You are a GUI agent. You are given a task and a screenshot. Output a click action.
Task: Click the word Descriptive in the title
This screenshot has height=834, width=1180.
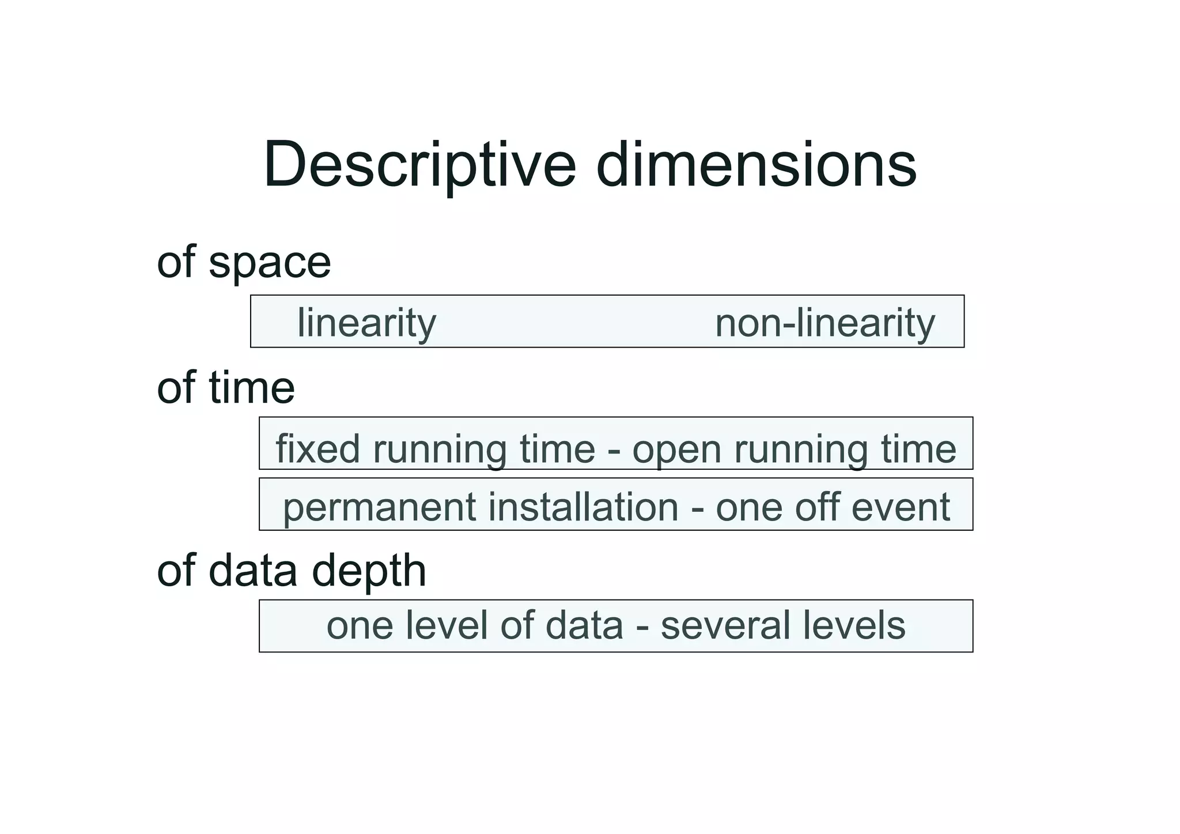click(x=420, y=165)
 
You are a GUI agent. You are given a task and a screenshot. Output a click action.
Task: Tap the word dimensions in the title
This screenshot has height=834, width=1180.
click(x=756, y=165)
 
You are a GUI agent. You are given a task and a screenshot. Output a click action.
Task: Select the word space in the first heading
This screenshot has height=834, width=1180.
click(x=270, y=263)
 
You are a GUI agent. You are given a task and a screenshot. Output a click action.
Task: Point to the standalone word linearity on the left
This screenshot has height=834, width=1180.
click(x=366, y=323)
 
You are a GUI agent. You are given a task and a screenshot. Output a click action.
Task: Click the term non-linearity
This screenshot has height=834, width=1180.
click(x=825, y=323)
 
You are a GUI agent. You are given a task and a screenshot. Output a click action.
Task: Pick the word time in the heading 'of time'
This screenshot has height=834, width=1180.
click(x=252, y=387)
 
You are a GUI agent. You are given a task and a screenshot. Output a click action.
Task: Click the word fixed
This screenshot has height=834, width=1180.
click(x=317, y=449)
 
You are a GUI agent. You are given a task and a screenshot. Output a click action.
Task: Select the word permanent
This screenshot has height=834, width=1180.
click(x=380, y=508)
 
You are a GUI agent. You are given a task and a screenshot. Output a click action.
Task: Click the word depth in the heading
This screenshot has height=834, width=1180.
click(x=369, y=571)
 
